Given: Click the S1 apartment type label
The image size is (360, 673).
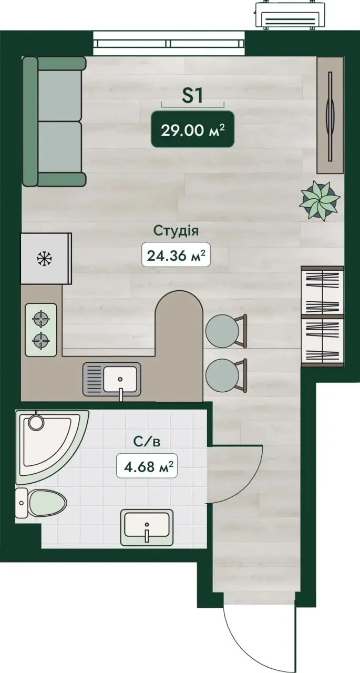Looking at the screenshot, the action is [192, 96].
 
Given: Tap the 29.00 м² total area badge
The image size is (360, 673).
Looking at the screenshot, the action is [192, 129].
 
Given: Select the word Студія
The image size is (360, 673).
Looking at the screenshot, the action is [176, 231].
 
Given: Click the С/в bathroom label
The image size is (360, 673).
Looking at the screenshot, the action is [147, 441].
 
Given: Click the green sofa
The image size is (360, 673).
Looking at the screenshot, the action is [54, 121].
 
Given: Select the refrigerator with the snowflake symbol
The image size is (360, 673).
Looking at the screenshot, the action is [46, 258].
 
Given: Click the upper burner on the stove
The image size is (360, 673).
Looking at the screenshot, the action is [41, 319].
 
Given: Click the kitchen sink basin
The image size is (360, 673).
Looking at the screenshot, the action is [120, 379].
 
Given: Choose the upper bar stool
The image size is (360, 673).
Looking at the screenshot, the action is [226, 331].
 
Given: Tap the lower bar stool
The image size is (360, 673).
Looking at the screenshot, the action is [226, 375].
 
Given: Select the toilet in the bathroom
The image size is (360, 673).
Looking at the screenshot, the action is [40, 503].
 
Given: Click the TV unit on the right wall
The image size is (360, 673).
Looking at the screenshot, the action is [330, 115].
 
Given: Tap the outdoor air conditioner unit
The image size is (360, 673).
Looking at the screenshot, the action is [290, 16].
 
